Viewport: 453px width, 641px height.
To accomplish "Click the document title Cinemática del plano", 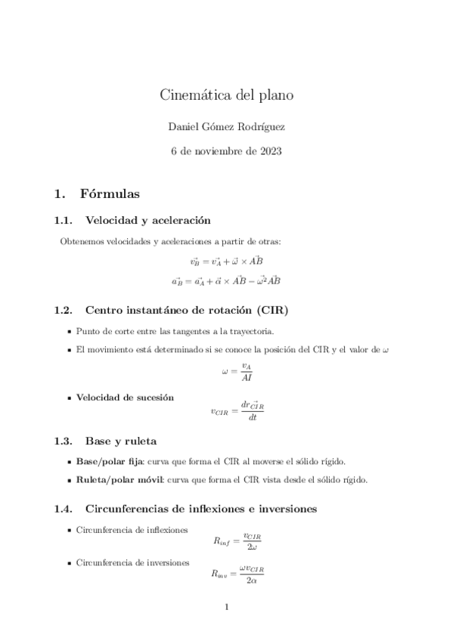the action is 226,95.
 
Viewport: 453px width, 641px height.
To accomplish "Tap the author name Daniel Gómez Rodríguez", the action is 226,125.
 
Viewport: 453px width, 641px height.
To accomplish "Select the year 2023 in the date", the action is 269,151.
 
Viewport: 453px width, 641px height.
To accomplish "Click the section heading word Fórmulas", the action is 110,194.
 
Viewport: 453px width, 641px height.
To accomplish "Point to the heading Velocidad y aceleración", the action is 147,221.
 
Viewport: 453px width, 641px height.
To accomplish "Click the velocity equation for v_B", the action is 226,262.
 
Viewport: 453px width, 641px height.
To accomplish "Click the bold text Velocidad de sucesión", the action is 125,397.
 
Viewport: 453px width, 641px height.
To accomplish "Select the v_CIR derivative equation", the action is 237,410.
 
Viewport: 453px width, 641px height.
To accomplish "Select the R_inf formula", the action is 237,541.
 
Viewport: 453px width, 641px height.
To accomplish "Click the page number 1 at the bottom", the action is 226,607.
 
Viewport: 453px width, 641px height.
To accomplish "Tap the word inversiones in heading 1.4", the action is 283,509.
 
